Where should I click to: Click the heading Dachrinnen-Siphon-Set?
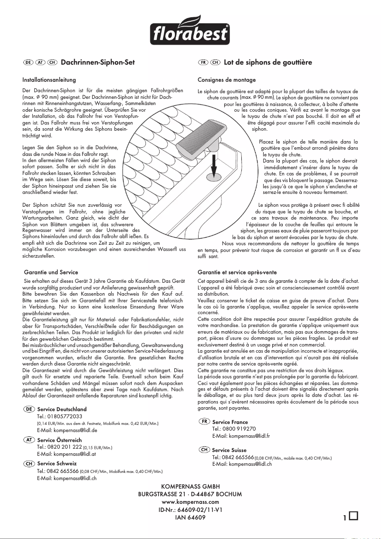click(x=98, y=62)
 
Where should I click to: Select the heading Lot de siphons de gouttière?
click(x=268, y=62)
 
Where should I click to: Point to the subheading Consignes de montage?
click(x=227, y=79)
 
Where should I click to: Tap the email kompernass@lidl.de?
click(x=67, y=430)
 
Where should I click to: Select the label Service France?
click(x=230, y=422)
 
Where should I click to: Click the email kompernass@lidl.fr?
click(x=241, y=436)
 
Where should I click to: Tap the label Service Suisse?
click(x=229, y=450)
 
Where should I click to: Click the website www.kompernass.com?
click(x=190, y=501)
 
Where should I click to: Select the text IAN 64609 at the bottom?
click(x=190, y=517)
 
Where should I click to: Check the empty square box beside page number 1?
click(x=353, y=516)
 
